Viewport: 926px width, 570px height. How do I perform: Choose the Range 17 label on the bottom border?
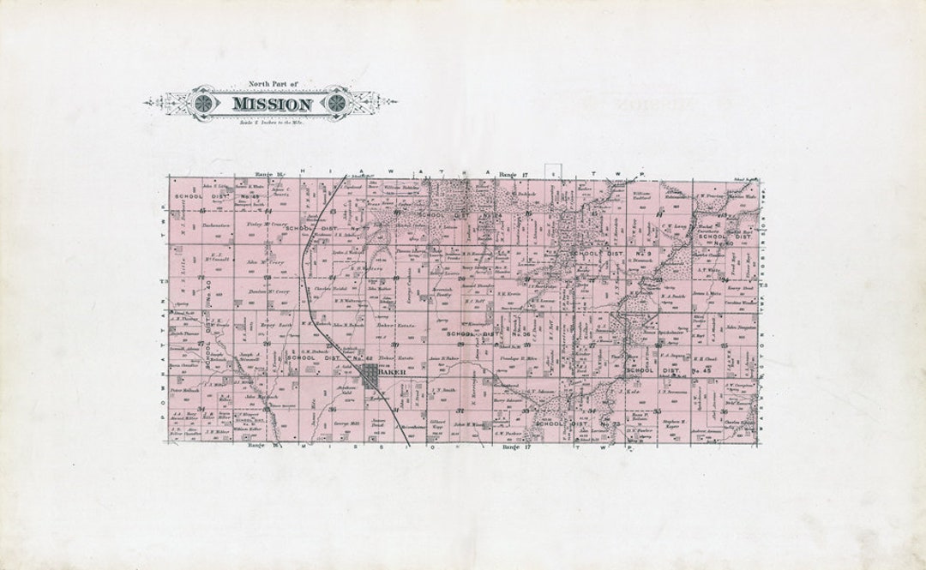click(511, 447)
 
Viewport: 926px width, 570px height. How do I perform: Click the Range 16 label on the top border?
click(262, 175)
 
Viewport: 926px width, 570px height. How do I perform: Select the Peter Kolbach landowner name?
click(184, 390)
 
